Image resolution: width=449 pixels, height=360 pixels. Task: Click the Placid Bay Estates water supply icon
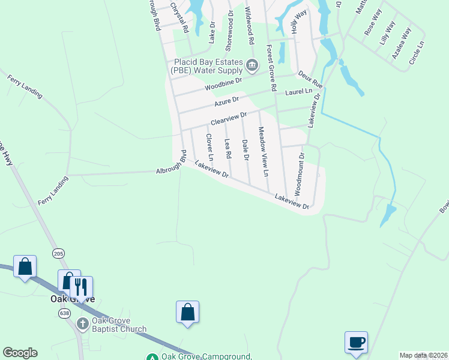click(252, 65)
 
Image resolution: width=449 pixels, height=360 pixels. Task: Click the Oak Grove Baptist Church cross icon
click(83, 324)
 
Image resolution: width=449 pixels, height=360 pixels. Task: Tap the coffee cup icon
click(357, 342)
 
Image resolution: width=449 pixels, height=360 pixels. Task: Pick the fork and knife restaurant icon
click(81, 286)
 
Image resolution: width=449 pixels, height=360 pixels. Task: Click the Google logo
click(20, 353)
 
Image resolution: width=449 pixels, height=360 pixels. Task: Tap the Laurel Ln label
click(299, 92)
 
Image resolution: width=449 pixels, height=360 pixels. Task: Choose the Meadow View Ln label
click(262, 151)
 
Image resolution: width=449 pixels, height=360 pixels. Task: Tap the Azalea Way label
click(401, 42)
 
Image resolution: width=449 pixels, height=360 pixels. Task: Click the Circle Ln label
click(417, 53)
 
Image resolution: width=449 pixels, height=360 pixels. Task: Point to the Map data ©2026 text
click(423, 355)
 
